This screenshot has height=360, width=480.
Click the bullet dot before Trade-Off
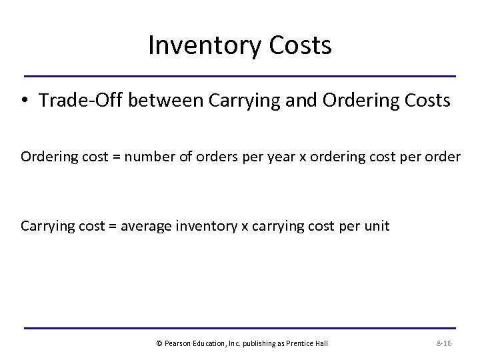point(25,101)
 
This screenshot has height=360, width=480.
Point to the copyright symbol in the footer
point(159,343)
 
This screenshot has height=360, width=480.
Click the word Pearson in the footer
point(178,343)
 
